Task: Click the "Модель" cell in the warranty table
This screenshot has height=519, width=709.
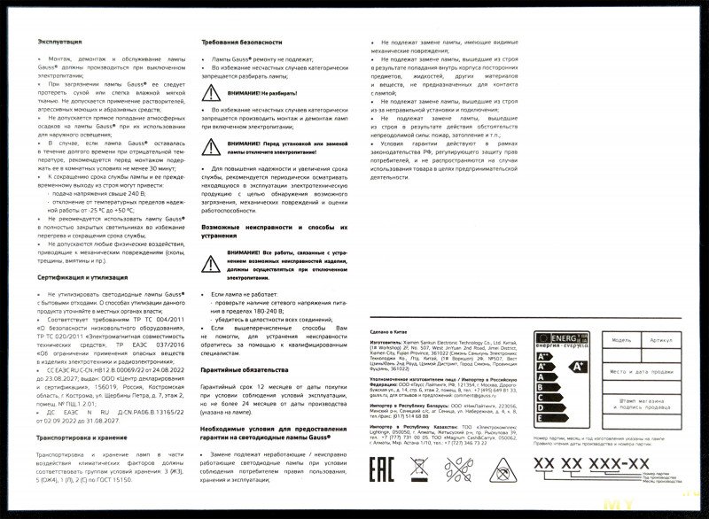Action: coord(620,339)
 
